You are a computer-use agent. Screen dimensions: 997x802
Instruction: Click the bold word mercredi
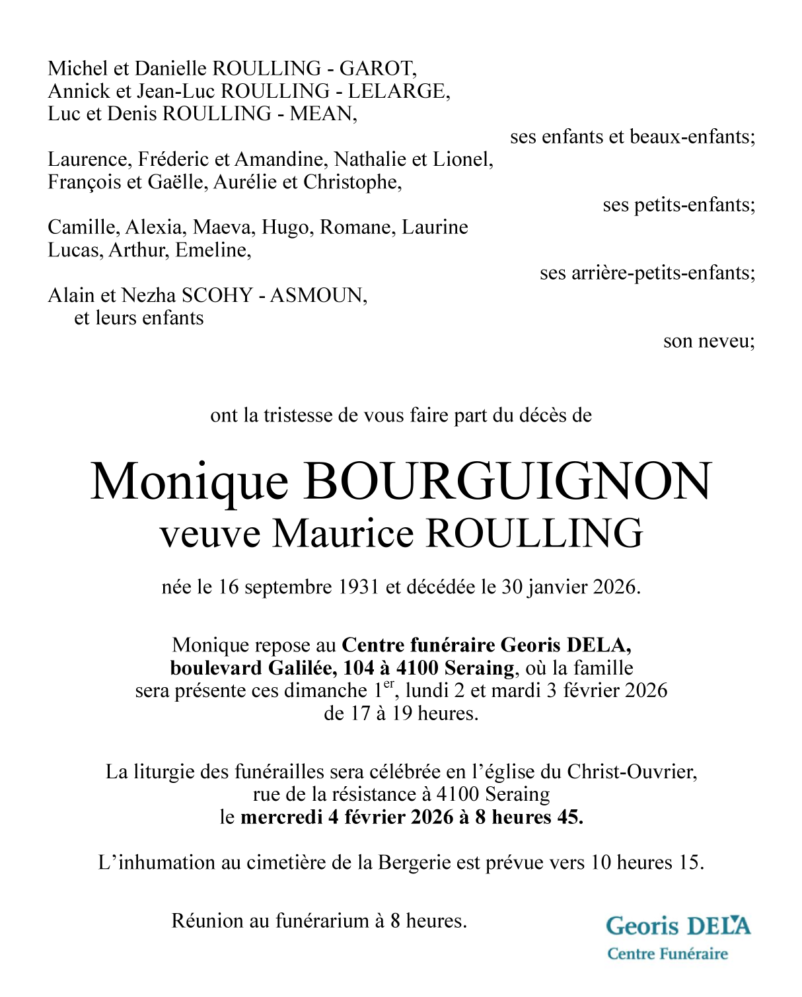click(x=281, y=817)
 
